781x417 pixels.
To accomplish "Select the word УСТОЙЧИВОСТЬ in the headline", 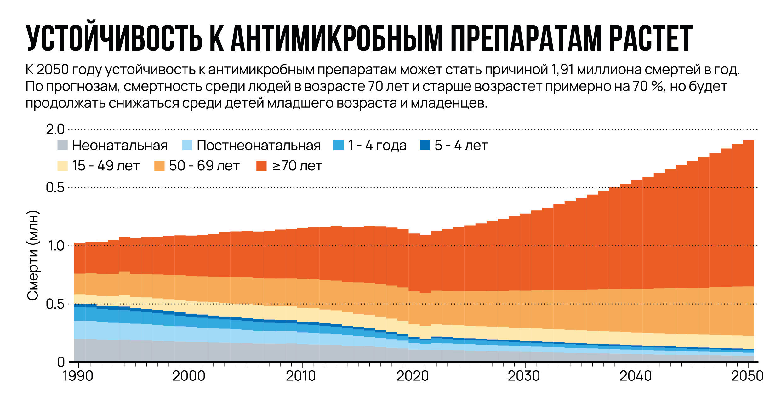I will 114,38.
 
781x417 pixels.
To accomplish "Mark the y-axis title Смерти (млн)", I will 33,255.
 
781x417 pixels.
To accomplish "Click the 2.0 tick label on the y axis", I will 55,129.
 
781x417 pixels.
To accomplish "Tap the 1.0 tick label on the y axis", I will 56,246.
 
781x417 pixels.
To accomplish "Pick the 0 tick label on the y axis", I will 61,362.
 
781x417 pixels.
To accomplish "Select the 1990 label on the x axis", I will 78,376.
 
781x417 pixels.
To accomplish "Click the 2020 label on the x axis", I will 413,376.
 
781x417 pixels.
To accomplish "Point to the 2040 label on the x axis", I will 636,376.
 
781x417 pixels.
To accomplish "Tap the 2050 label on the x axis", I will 747,376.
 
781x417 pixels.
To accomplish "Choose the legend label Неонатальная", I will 120,145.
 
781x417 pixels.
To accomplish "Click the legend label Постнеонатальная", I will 259,145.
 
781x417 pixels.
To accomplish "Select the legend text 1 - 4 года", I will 377,145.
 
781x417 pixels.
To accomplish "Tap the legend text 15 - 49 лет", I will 105,166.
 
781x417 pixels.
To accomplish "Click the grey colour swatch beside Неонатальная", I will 63,145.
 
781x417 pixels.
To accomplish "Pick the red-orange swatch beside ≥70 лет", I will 261,166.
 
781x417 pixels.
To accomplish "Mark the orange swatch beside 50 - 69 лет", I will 159,166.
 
